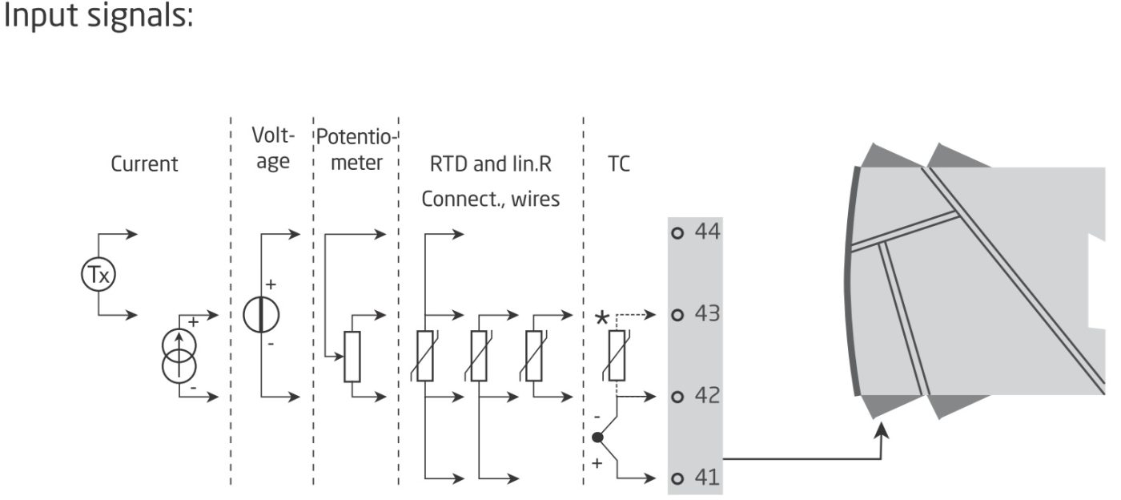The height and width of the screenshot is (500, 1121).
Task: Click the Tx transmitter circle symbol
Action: (98, 274)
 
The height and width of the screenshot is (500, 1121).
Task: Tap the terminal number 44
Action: (707, 232)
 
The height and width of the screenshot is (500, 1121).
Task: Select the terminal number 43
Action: (707, 313)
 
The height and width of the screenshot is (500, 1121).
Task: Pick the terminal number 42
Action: (707, 396)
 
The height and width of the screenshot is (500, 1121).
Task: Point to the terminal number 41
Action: (707, 478)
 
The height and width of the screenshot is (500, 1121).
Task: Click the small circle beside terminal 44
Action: (677, 233)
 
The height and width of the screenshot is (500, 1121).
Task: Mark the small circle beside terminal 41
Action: (677, 478)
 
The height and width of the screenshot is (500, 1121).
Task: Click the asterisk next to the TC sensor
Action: (602, 318)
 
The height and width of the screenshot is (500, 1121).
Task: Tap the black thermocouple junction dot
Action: (597, 437)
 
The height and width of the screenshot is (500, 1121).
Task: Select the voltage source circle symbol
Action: (261, 315)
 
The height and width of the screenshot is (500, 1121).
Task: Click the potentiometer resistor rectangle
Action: (352, 357)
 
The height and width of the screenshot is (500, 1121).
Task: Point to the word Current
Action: (144, 163)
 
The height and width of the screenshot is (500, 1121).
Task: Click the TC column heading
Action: (618, 163)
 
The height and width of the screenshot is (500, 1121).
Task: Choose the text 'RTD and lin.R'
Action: (490, 163)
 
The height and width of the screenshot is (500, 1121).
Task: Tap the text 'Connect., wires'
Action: (490, 199)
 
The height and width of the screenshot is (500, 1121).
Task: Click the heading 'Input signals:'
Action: (98, 16)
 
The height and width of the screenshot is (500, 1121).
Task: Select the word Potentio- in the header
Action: (356, 137)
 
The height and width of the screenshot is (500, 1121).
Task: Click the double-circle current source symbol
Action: (179, 357)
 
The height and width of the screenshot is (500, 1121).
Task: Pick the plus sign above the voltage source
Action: (271, 284)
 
